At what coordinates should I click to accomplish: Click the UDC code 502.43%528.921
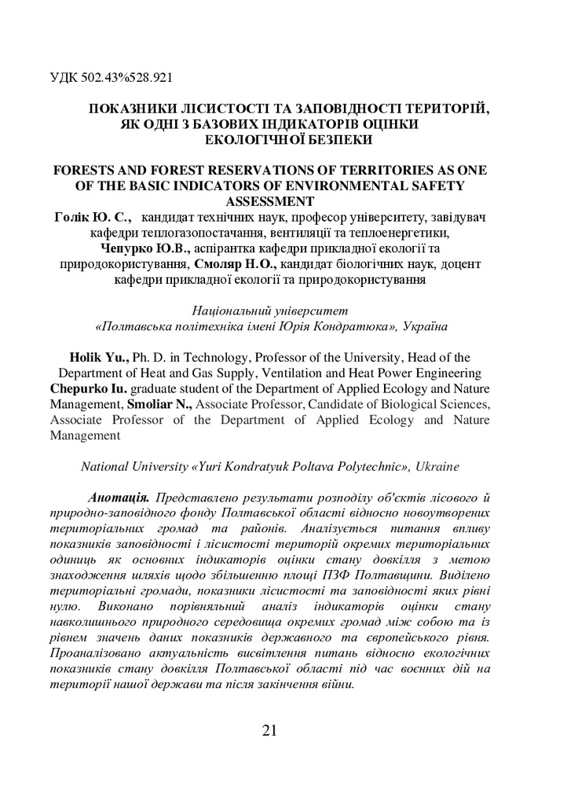coord(127,79)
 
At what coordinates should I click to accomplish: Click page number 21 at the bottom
coord(269,730)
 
